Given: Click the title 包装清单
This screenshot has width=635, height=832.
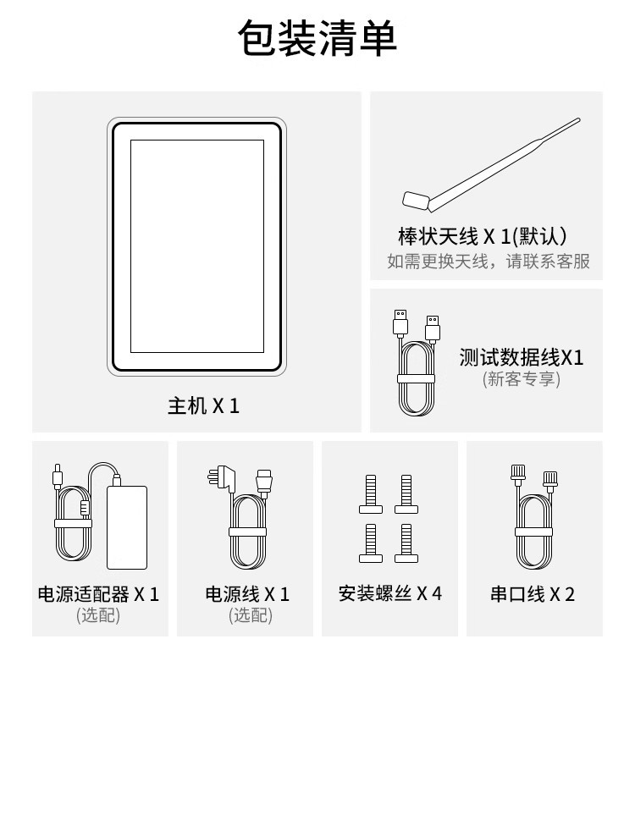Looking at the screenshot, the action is coord(317,38).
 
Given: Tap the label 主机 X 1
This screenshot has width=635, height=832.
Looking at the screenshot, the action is coord(203,406).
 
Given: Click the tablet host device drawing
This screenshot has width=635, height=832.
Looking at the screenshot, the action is coord(197,247).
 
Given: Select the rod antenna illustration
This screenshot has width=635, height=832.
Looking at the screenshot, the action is coord(491,165).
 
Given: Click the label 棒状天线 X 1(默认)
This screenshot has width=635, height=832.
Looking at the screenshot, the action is coord(483,236).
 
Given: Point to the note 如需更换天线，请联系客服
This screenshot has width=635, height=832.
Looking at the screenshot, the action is coord(489,261).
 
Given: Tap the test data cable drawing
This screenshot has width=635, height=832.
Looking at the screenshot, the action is coord(418,363).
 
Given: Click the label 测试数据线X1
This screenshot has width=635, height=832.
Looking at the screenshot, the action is coord(522,358).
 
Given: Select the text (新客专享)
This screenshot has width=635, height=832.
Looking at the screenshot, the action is coord(522,379).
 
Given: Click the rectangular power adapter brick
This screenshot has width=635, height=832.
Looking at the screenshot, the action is coord(127,527).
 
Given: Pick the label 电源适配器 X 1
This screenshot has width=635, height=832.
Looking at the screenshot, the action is coord(98,594).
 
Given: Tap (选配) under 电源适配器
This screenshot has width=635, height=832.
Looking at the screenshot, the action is coord(98,615).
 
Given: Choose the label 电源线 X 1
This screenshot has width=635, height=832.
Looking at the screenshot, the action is coord(247,594).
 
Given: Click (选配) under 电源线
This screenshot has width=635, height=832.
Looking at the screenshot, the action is coord(251,615).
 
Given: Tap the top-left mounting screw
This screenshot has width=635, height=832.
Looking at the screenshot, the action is coord(371,494).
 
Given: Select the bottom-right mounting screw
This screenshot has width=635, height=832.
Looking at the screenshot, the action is coord(406,543).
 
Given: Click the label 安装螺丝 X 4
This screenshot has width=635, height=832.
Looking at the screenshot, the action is coord(390,593).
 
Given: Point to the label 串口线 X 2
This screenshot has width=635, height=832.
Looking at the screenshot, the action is coord(533,594).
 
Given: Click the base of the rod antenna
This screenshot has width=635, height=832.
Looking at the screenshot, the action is coord(416,201).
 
